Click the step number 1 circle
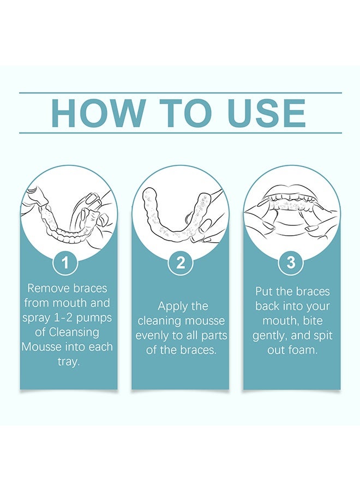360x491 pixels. tap(65, 264)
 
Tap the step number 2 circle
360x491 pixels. tap(181, 264)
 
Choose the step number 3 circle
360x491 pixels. tap(291, 264)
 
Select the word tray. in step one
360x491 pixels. tap(69, 362)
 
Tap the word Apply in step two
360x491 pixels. tap(172, 306)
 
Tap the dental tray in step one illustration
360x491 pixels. tap(65, 229)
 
